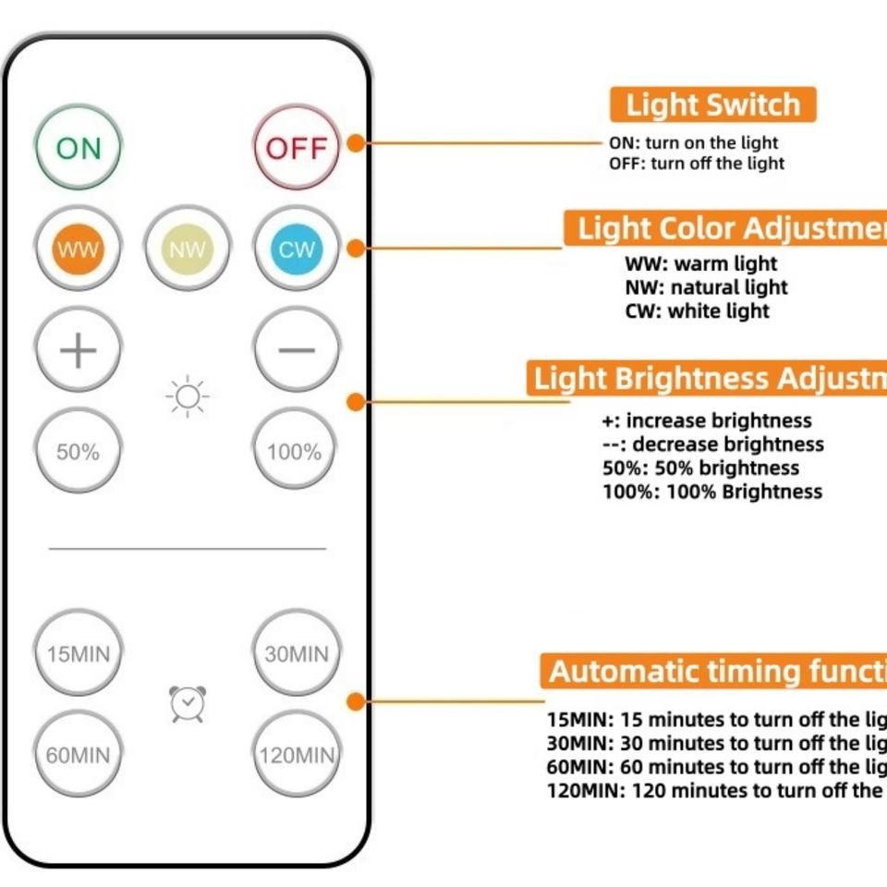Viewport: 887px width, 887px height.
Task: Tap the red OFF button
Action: click(297, 148)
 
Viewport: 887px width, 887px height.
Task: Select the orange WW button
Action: click(78, 249)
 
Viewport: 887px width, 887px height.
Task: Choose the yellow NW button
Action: click(188, 249)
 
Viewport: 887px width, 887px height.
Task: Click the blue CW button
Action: click(297, 249)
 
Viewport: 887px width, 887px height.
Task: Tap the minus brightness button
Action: click(297, 350)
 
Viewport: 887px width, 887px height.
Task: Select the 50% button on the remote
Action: click(78, 452)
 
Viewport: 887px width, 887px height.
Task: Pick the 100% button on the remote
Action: click(295, 452)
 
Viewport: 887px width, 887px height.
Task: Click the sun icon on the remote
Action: click(188, 397)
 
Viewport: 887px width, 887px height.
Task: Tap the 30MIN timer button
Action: click(297, 654)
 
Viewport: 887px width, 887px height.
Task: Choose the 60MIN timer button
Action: click(78, 756)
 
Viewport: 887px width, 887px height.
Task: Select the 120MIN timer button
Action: click(297, 756)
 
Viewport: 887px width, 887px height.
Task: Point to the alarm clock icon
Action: click(188, 704)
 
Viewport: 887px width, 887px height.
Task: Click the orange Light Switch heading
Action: click(712, 105)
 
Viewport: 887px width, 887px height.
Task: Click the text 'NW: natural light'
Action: click(706, 287)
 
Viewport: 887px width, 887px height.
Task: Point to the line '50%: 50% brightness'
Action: click(700, 468)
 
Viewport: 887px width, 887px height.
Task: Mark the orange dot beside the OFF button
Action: click(356, 143)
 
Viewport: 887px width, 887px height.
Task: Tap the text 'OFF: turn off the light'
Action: click(696, 164)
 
